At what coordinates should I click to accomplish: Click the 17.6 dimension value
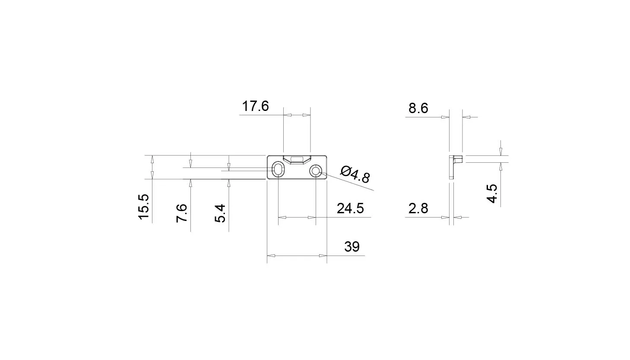255,106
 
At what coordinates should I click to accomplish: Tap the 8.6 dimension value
418,108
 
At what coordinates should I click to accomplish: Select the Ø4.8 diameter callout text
355,175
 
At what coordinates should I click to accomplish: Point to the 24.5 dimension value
351,208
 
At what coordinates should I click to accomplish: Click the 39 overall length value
352,246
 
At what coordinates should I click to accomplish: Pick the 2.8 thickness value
418,208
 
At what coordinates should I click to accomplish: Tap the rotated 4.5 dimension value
492,193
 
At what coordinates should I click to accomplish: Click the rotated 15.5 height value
143,207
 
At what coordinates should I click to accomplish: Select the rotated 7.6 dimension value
182,213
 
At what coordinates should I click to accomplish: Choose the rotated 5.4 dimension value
220,213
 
